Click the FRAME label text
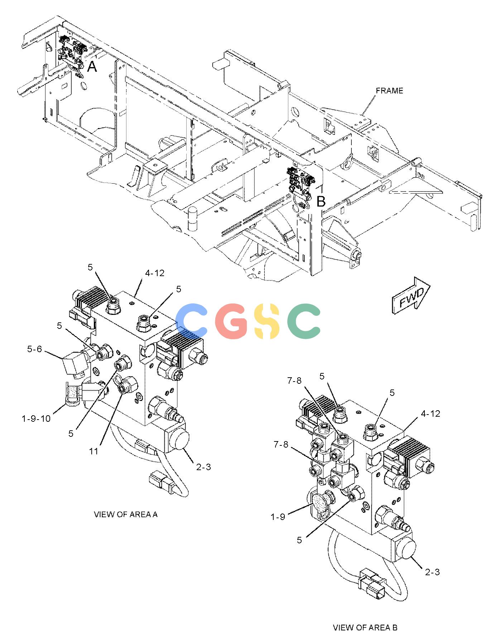click(x=389, y=91)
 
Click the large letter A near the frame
click(x=92, y=67)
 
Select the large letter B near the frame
click(x=321, y=202)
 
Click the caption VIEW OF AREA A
click(x=126, y=515)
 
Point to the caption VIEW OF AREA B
click(x=365, y=628)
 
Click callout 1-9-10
click(x=36, y=419)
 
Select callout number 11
click(x=93, y=451)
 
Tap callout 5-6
click(x=34, y=349)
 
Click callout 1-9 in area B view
click(x=278, y=517)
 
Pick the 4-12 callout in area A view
click(x=155, y=273)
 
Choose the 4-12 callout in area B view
click(x=431, y=413)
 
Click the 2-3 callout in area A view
click(x=203, y=467)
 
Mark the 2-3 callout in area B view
click(x=432, y=572)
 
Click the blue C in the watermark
click(x=192, y=321)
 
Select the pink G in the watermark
click(x=230, y=321)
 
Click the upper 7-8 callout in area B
click(x=294, y=380)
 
